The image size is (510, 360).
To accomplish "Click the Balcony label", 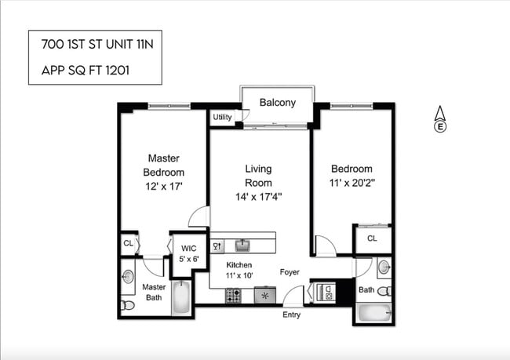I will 277,102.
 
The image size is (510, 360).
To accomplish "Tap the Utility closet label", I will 221,118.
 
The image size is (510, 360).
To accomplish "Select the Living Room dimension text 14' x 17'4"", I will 258,197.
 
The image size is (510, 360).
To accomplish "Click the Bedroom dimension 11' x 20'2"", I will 351,186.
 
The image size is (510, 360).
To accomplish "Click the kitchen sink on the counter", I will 242,245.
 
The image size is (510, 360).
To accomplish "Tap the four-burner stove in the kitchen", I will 233,296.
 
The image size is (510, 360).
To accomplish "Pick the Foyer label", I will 291,272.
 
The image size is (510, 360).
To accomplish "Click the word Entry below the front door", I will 291,315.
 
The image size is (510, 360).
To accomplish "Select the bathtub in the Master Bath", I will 181,298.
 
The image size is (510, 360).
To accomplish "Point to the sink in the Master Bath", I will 127,276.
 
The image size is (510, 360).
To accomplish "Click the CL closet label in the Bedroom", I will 372,238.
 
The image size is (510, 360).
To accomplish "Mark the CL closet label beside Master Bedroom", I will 128,244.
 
